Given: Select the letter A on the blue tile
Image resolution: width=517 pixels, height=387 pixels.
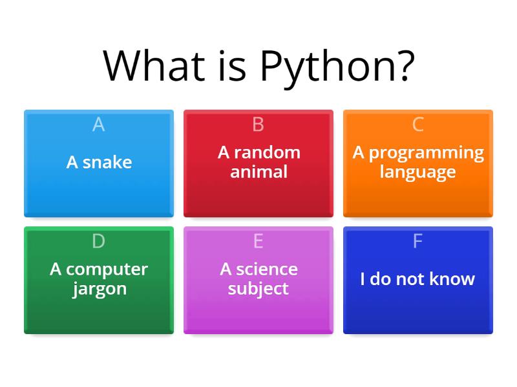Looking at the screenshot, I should coord(98,124).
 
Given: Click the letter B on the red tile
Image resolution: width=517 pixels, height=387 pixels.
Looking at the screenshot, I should coord(258,124).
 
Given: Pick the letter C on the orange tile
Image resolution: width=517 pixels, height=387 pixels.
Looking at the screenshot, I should coord(417,124).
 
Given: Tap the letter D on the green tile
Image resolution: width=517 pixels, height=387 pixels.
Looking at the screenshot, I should coord(98,241).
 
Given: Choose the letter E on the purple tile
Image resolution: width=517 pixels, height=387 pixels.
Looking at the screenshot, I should coord(258,241).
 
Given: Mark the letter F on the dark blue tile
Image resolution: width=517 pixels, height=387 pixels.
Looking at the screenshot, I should coord(417,241).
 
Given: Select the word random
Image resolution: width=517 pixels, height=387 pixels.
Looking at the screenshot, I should coord(267,153).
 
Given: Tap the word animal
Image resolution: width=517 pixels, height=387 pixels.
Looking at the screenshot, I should coord(258,172).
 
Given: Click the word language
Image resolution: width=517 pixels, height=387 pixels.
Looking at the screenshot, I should coord(417,172).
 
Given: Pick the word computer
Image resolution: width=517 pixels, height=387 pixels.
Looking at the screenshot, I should coord(107,270).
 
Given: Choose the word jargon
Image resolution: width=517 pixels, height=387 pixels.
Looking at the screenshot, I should coord(99,289).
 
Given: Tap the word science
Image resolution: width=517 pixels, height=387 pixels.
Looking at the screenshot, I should coord(267,269).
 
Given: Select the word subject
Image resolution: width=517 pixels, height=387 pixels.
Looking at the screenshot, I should coord(258,288).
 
